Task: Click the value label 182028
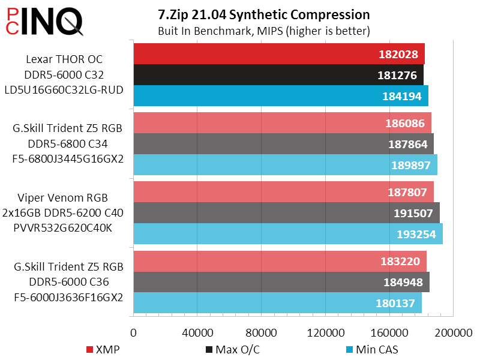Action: point(399,54)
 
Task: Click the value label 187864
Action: point(407,144)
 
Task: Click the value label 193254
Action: point(416,234)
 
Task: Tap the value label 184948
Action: point(403,282)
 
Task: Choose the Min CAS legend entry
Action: point(372,349)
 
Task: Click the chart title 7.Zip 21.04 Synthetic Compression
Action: point(263,14)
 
